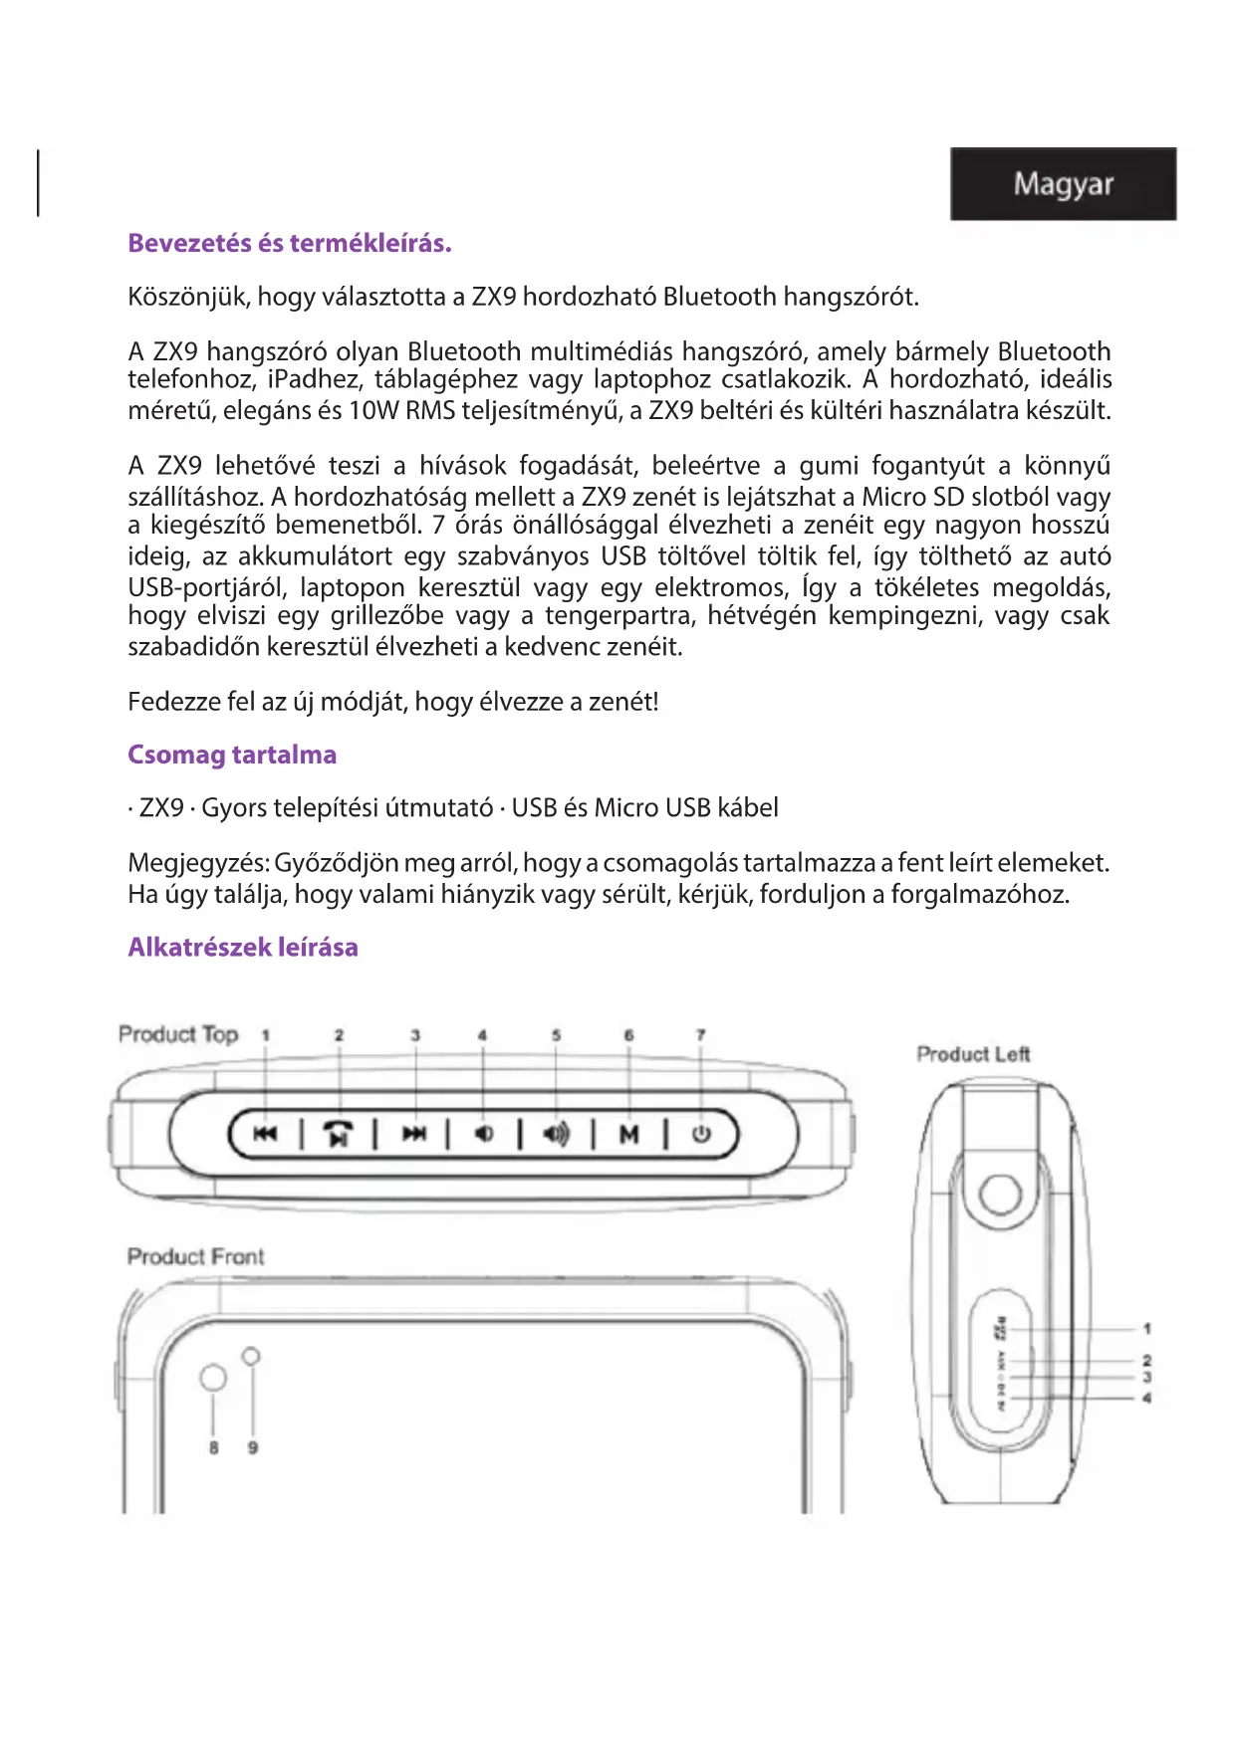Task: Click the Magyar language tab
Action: pos(1063,184)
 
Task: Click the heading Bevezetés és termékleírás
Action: pos(290,244)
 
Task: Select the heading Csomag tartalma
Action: pos(232,755)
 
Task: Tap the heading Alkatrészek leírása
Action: pos(243,947)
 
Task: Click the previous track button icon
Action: pos(265,1134)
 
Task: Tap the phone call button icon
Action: pos(339,1134)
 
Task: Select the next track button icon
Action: pos(413,1134)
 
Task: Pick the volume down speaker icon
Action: pos(484,1134)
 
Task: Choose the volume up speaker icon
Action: pos(557,1134)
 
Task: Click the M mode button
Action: pos(628,1134)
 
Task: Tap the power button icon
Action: pos(701,1134)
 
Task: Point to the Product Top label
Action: pos(179,1035)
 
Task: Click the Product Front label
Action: pos(196,1257)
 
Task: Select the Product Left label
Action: pos(973,1055)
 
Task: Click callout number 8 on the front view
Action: pos(213,1448)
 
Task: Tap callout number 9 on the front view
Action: pos(253,1448)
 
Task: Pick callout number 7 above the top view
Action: pos(701,1036)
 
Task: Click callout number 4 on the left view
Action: pos(1147,1399)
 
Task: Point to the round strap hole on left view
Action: pos(1000,1194)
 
